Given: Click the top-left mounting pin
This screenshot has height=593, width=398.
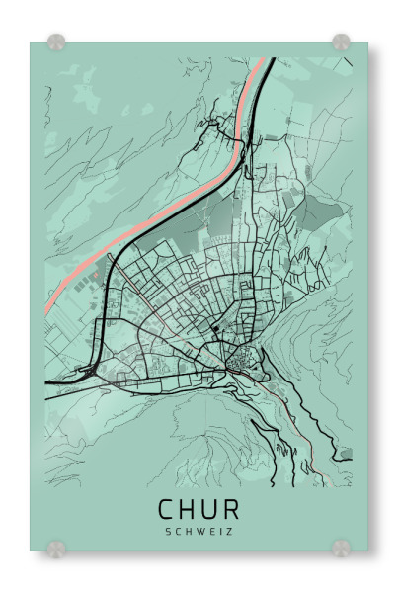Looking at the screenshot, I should [56, 42].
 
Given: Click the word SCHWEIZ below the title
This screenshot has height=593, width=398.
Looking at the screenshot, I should [199, 531].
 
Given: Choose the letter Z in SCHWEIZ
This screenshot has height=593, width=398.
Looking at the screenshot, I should [229, 531].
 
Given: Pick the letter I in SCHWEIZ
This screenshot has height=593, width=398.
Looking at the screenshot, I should [220, 531].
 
